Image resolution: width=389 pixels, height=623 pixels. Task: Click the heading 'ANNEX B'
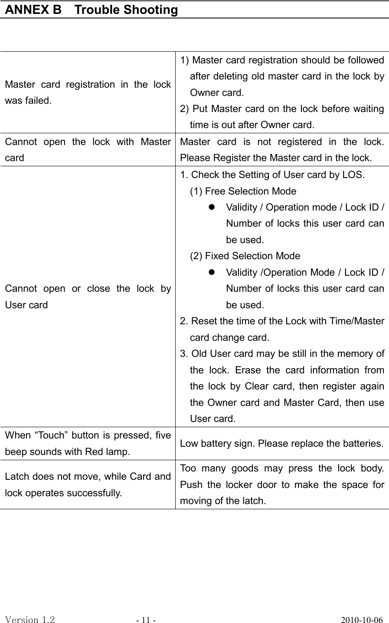[x=33, y=10]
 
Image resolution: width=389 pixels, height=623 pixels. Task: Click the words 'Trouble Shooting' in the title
[x=126, y=10]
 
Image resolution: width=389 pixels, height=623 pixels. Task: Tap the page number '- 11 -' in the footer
[x=146, y=620]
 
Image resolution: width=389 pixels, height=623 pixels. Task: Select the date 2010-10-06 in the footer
[x=362, y=620]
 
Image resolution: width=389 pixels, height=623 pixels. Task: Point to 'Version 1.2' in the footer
[x=30, y=620]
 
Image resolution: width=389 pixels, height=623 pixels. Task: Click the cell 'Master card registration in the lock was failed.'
[x=88, y=92]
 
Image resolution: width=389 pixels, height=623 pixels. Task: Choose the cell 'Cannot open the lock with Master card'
[x=88, y=149]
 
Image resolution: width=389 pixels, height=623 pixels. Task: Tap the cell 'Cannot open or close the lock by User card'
[x=88, y=297]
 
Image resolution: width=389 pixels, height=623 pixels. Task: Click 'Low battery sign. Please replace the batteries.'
[x=282, y=444]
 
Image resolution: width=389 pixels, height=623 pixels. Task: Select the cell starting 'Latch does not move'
[x=88, y=485]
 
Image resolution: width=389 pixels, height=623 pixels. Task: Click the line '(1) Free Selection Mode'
[x=243, y=191]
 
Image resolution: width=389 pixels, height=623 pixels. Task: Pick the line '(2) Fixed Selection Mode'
[x=245, y=256]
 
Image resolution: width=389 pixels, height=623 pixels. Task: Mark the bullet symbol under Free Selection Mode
[x=212, y=208]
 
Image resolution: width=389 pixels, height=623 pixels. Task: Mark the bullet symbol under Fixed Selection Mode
[x=212, y=273]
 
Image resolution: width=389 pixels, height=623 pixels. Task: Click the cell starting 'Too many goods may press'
[x=282, y=485]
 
